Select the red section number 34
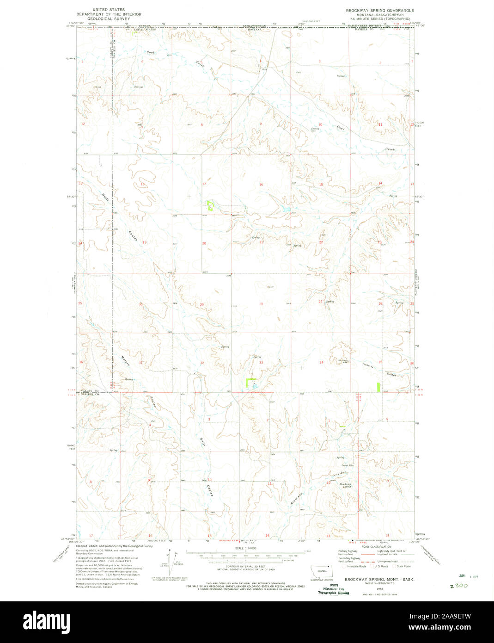[321, 363]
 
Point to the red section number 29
[201, 304]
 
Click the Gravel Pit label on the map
[347, 465]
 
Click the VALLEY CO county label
[90, 391]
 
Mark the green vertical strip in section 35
[379, 387]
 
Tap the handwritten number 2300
[459, 585]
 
